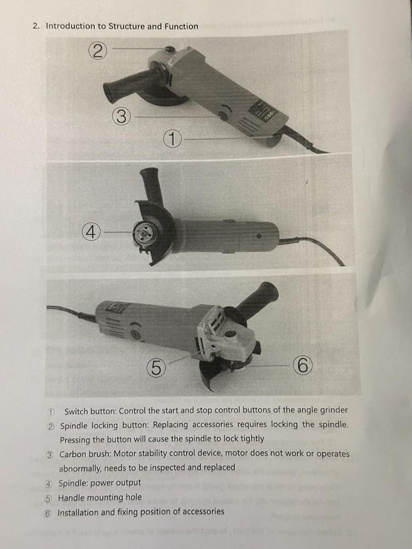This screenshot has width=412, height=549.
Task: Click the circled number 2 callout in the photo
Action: [98, 51]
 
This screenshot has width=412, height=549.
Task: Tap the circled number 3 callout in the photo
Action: [121, 116]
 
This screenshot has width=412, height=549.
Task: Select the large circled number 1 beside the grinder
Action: [172, 139]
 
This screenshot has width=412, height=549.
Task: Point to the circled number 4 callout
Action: [91, 232]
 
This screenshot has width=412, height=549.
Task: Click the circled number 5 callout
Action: [156, 368]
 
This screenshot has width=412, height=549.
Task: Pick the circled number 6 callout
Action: [303, 365]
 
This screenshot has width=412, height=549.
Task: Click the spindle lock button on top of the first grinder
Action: [170, 49]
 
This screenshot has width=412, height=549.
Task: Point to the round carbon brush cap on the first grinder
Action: [222, 115]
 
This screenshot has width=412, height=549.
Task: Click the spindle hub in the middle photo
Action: [143, 232]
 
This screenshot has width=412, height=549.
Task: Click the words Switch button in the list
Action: [91, 411]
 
